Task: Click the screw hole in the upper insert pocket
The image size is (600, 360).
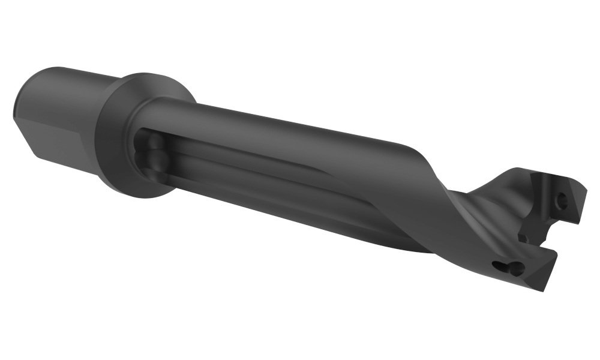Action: click(562, 201)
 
